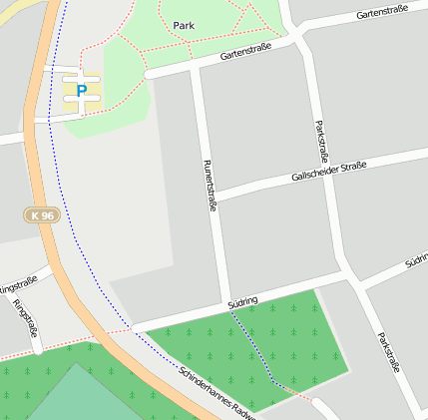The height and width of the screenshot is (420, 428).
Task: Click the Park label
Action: coord(184,25)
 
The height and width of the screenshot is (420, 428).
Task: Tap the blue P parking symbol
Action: coord(82,91)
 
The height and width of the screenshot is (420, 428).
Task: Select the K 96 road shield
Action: coord(41,215)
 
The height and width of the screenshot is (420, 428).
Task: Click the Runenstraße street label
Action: coord(211,186)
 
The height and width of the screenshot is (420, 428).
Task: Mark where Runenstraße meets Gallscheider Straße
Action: coord(214,195)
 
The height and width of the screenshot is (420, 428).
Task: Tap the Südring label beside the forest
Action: coord(242,301)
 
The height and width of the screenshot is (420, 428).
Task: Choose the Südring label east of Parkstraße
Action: coord(416,261)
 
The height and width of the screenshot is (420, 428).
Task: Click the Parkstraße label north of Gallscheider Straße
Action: coord(321,143)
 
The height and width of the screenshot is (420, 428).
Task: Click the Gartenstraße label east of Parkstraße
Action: coord(385,16)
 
